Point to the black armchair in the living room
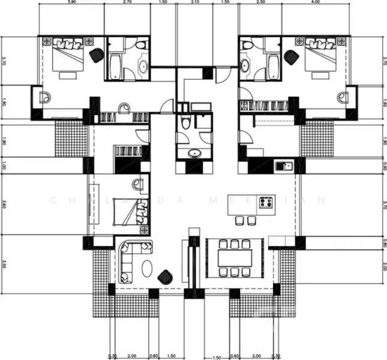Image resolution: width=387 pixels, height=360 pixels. pos(165,276)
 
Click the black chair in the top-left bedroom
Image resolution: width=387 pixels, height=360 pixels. pos(96,55)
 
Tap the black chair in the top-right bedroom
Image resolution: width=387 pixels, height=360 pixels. pos(292,58)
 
